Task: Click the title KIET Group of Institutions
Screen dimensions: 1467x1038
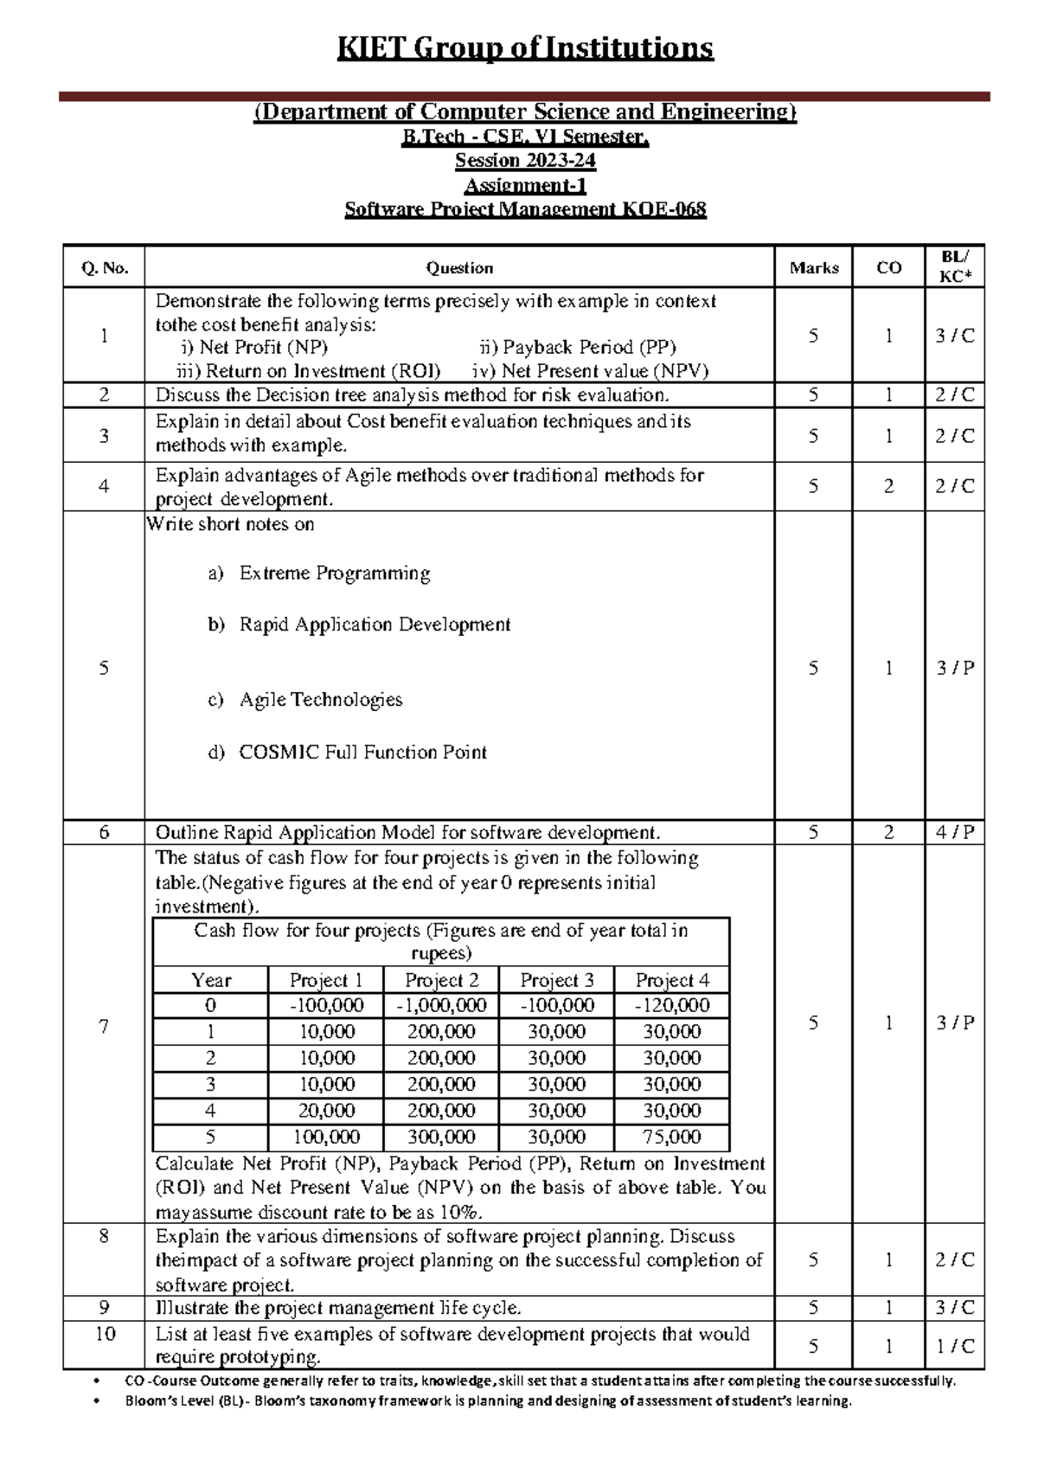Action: (x=525, y=48)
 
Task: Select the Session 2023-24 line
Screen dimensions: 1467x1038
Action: (x=525, y=161)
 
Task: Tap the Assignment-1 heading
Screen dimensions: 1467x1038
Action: (x=525, y=185)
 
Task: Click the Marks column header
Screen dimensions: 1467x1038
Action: (x=813, y=268)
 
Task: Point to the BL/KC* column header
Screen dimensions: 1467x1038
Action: (x=955, y=266)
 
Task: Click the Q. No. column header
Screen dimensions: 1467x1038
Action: (x=105, y=268)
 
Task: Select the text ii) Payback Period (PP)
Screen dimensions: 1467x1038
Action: (x=577, y=348)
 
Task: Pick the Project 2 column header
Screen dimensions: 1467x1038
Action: (x=441, y=980)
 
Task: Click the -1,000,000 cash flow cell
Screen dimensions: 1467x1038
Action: (x=441, y=1005)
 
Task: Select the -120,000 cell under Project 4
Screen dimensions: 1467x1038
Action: (x=672, y=1005)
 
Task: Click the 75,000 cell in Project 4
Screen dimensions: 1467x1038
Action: (x=672, y=1137)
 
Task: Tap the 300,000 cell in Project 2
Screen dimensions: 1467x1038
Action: (x=441, y=1137)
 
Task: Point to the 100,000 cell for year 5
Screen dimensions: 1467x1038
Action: (x=326, y=1137)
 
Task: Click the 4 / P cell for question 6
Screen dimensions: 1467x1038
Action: (x=955, y=833)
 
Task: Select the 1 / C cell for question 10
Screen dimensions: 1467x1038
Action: (x=955, y=1346)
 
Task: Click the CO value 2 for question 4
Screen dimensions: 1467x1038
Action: (x=888, y=486)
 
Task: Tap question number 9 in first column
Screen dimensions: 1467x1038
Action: (x=105, y=1308)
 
